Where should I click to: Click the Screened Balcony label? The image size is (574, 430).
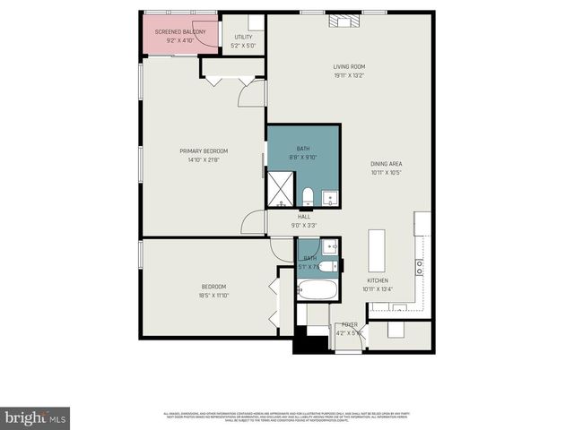coord(179,32)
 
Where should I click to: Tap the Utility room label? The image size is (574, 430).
coord(243,38)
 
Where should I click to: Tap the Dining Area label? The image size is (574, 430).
coord(387,164)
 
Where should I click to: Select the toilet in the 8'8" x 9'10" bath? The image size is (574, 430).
coord(307,196)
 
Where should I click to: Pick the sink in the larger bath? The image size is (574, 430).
coord(329,197)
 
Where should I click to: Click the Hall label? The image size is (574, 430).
coord(305,217)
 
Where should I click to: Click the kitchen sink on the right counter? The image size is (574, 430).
coord(419,264)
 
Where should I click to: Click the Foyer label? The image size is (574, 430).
coord(349,325)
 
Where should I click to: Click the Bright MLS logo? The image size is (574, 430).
coord(36,417)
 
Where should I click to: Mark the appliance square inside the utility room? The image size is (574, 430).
coord(256,21)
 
